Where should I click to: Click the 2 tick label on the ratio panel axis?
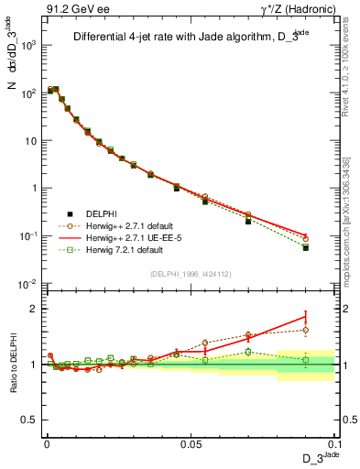[36, 309]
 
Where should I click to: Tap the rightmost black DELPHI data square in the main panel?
[305, 247]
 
